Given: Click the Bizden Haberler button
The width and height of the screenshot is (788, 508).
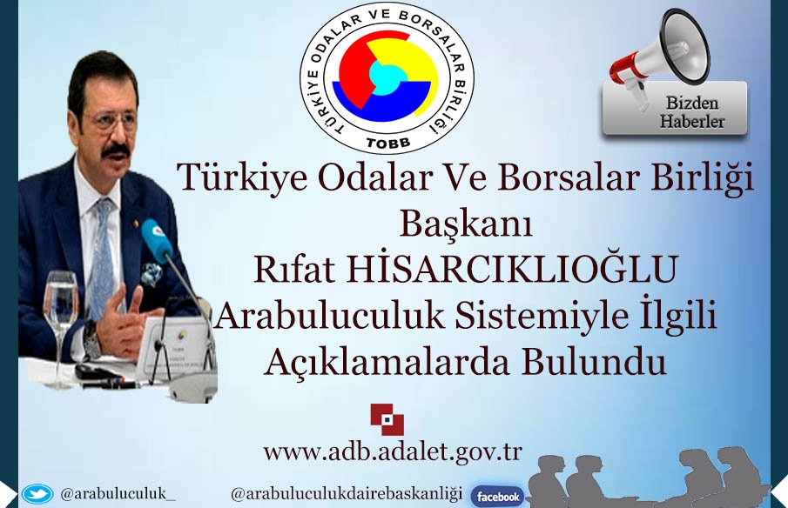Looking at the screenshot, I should tap(675, 110).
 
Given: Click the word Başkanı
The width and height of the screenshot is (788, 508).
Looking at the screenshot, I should tap(465, 224).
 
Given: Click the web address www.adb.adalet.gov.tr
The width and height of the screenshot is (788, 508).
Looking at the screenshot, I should tap(393, 452).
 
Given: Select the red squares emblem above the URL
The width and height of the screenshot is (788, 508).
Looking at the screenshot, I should tap(387, 419).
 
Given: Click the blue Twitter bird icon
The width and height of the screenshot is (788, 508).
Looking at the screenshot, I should tap(37, 494).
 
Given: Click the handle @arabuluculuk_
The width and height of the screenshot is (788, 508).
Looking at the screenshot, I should tap(118, 494).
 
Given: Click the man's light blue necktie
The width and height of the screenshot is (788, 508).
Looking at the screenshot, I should tap(104, 244).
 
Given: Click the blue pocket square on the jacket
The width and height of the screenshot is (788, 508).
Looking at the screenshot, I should tap(153, 272).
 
